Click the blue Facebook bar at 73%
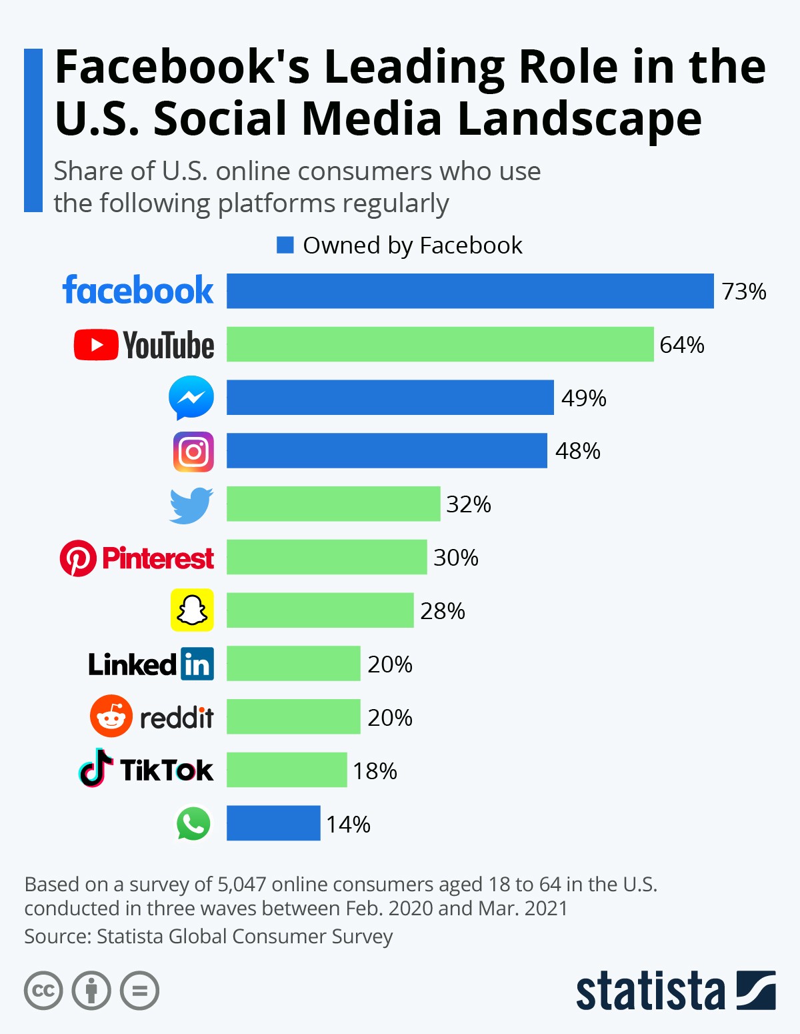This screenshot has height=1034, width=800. click(x=470, y=291)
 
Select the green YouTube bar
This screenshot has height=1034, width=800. click(x=440, y=344)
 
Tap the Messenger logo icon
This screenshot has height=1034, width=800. click(x=191, y=398)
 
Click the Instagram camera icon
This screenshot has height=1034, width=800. click(x=193, y=452)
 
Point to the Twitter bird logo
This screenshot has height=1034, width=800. click(x=191, y=505)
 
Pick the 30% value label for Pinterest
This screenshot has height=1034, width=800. click(x=456, y=558)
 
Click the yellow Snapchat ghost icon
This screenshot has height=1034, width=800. click(x=192, y=610)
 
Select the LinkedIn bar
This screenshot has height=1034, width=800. click(x=293, y=664)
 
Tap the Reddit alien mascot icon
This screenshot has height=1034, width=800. click(x=111, y=716)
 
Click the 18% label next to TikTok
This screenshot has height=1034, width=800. click(x=375, y=771)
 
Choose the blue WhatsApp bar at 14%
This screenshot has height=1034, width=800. click(x=273, y=823)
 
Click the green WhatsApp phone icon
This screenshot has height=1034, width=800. click(x=193, y=824)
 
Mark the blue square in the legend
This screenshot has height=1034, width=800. click(x=285, y=245)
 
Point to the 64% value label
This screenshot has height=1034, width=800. click(x=682, y=345)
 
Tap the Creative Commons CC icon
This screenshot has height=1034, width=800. click(x=43, y=991)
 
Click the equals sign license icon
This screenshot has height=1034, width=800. click(x=139, y=991)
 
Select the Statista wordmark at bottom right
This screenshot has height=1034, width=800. click(x=650, y=991)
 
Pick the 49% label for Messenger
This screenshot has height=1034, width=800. click(x=584, y=398)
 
